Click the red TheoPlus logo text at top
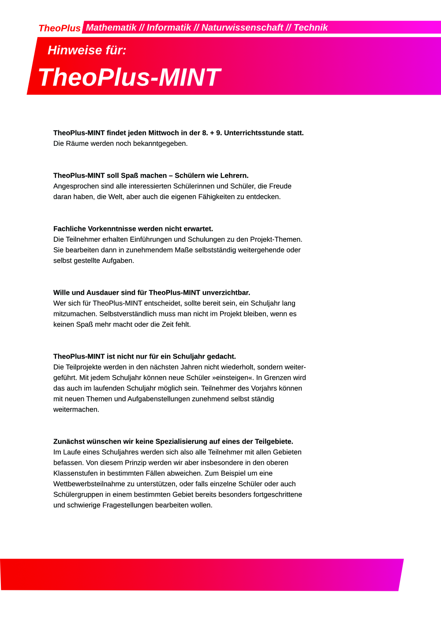coord(60,28)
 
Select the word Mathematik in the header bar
coord(111,27)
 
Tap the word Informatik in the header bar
coord(169,27)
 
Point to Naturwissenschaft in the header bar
coord(242,27)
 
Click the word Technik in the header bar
coord(310,27)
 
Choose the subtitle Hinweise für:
coord(87,50)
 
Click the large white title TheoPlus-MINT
coord(129,77)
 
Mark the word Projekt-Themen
coord(276,239)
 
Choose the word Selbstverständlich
coord(129,314)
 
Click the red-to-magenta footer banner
coord(202,575)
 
